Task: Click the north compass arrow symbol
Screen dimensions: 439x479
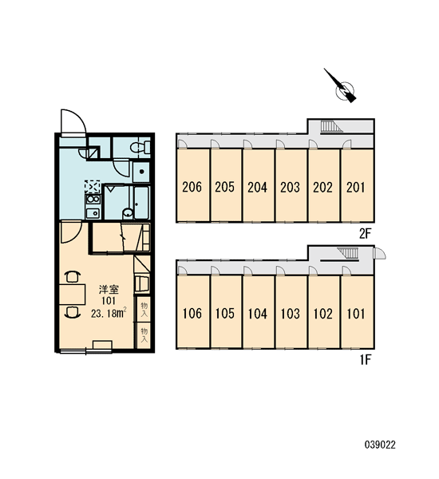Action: click(x=343, y=88)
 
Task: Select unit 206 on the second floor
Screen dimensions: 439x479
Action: click(x=193, y=185)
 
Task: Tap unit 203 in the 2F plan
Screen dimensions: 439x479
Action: click(x=291, y=185)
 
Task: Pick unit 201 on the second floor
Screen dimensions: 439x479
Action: click(x=358, y=185)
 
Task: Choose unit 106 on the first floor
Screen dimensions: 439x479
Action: click(x=193, y=312)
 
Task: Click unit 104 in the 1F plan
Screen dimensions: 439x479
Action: click(x=259, y=312)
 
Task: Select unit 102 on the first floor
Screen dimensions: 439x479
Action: click(x=324, y=312)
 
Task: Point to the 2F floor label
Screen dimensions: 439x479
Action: click(x=365, y=234)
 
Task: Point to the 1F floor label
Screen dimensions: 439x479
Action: click(x=366, y=360)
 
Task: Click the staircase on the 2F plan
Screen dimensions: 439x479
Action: click(x=331, y=127)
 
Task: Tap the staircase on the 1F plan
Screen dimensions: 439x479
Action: click(x=348, y=254)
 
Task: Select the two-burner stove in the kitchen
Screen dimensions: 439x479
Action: click(x=93, y=199)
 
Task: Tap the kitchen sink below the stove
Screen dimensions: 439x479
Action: click(x=93, y=212)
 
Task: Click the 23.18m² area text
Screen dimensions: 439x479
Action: click(x=109, y=314)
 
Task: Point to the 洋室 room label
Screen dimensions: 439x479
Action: click(x=109, y=289)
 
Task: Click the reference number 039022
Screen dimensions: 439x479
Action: click(x=380, y=445)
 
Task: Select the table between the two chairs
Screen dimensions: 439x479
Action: click(x=72, y=294)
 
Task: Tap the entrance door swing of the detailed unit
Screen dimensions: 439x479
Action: click(x=73, y=122)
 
